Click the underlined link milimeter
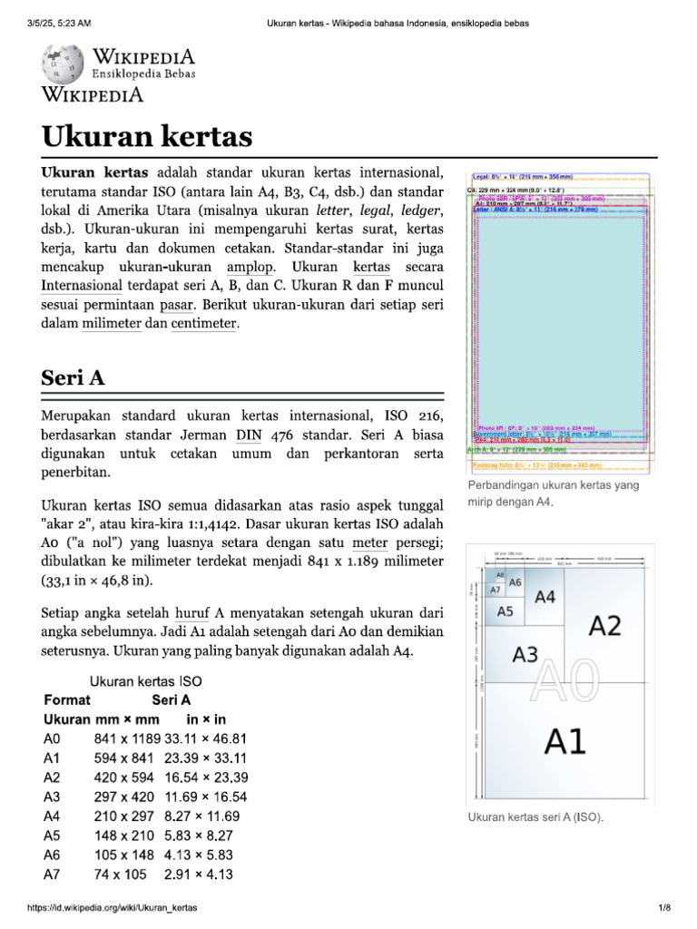tap(111, 324)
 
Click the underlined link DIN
tap(248, 435)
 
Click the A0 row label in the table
tap(52, 738)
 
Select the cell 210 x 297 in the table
tap(125, 816)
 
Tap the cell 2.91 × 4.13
tap(199, 875)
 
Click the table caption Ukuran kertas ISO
tap(145, 680)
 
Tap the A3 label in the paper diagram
tap(525, 653)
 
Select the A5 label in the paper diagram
tap(505, 611)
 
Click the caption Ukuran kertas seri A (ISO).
tap(535, 817)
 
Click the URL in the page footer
tap(113, 907)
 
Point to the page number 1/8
tap(663, 907)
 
